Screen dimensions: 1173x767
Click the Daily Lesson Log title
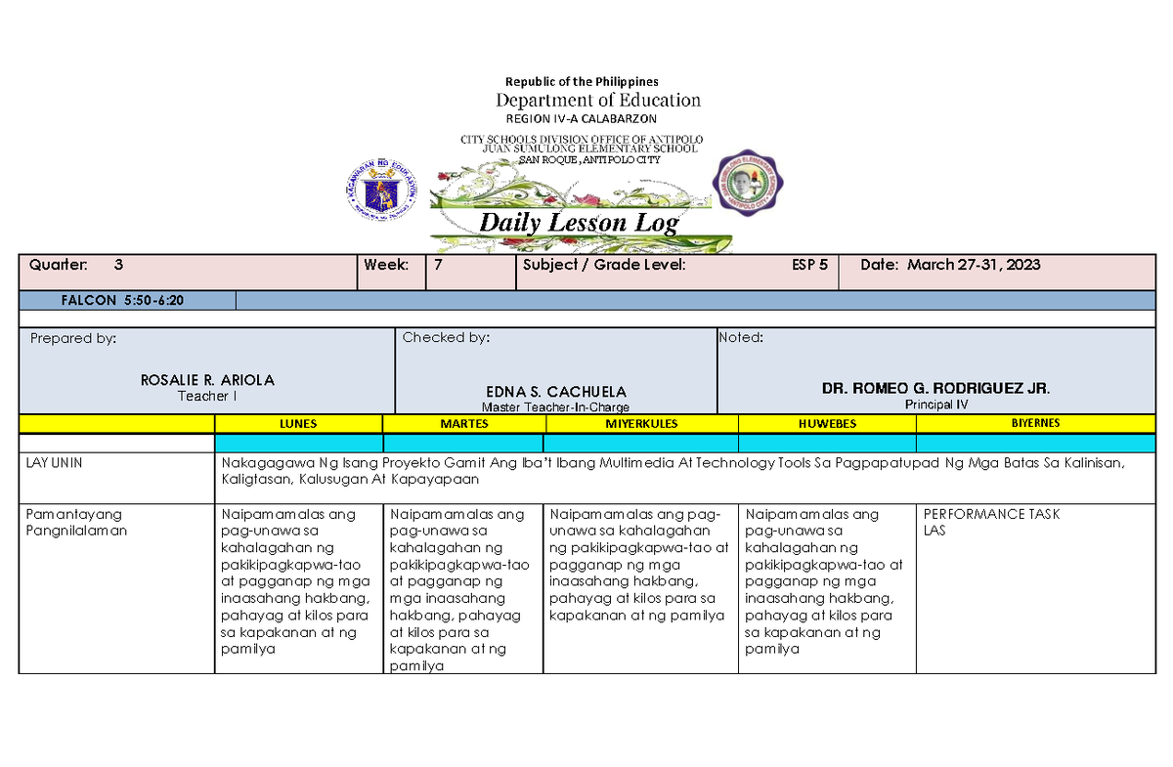[x=579, y=223]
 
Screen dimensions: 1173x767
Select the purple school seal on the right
[x=751, y=182]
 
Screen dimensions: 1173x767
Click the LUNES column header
[x=298, y=424]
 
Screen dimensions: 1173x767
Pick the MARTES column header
[x=464, y=424]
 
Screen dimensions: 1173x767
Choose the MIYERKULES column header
[x=641, y=424]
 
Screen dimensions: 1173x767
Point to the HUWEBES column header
[x=827, y=424]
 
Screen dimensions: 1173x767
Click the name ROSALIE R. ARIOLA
[x=207, y=380]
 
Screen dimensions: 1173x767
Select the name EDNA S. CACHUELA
[x=556, y=391]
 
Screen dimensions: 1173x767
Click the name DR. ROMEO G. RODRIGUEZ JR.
[x=936, y=388]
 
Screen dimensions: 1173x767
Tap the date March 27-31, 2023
[x=974, y=265]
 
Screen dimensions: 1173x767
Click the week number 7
[x=439, y=265]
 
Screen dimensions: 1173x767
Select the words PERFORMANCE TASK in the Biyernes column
[x=991, y=514]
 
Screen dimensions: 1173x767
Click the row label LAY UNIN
[x=54, y=463]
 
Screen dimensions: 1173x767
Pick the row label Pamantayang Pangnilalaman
[x=77, y=523]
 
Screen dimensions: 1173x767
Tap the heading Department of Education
[x=598, y=100]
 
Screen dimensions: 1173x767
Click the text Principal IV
[x=935, y=405]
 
